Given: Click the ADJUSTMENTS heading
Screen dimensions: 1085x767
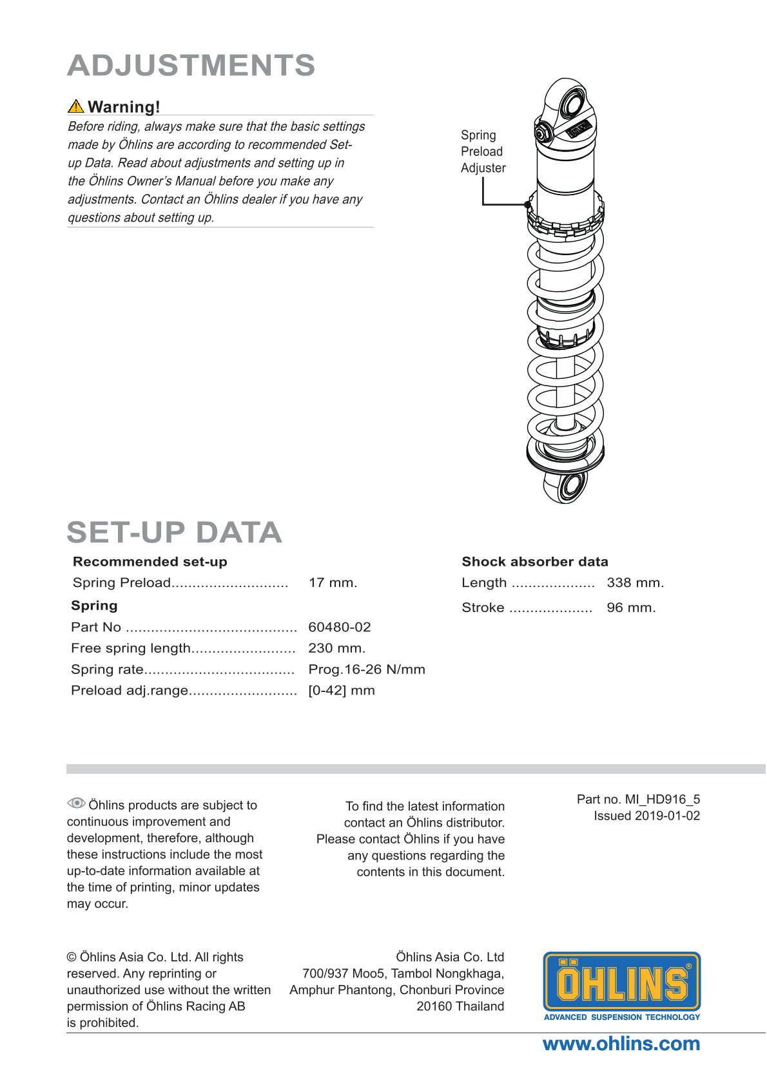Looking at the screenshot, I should (191, 66).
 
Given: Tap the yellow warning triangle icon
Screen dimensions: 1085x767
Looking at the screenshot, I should (75, 106).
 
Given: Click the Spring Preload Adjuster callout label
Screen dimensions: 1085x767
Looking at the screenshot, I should (483, 151).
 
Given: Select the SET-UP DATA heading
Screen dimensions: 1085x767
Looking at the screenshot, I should (174, 532).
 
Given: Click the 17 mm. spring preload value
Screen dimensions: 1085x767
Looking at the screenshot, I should (333, 582).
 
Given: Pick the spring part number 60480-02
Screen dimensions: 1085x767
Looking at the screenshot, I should (339, 627).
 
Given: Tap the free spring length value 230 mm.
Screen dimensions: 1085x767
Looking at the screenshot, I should (336, 648).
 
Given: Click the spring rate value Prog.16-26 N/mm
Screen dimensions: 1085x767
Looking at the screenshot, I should (366, 669).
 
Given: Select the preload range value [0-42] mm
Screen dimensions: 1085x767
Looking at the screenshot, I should (341, 691).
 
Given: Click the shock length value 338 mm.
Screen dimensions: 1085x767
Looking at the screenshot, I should (635, 582).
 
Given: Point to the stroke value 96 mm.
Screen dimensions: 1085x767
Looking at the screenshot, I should (630, 608).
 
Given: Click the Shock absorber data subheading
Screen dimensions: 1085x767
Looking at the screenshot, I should (534, 561).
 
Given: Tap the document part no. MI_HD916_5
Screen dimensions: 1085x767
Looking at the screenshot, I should (638, 799).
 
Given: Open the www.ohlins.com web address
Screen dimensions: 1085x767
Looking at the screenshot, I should (621, 1044).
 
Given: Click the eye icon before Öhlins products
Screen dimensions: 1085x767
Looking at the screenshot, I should (76, 803).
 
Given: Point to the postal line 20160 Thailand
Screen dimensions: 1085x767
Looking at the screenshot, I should (460, 1006).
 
